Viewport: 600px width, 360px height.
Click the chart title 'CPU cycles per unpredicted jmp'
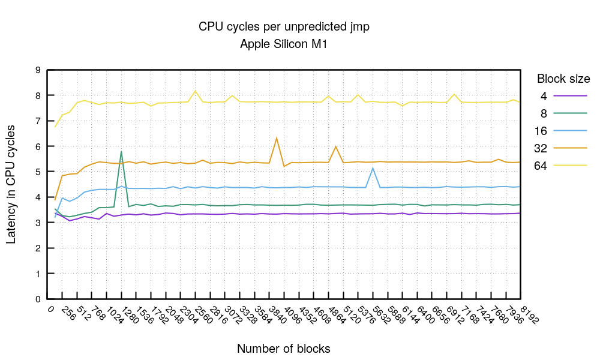283,27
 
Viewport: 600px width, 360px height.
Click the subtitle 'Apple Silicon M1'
283,44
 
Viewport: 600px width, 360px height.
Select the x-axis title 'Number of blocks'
283,349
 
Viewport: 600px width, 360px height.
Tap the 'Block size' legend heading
563,79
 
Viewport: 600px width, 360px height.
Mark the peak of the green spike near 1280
121,151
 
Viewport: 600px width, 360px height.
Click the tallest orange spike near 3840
277,138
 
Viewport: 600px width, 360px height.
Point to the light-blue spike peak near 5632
373,168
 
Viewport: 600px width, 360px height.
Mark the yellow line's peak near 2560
196,91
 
